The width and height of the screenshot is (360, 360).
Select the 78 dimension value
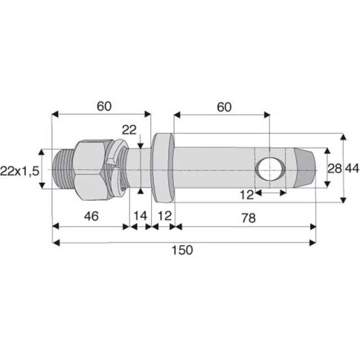[244, 216]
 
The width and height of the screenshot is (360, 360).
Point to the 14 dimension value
[140, 216]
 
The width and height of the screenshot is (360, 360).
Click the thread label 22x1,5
[20, 169]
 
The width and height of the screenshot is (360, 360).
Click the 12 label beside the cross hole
[248, 196]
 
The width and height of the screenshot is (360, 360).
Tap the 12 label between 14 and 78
[164, 216]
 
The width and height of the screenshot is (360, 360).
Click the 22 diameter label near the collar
[129, 131]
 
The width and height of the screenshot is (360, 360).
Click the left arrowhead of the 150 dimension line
[56, 241]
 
